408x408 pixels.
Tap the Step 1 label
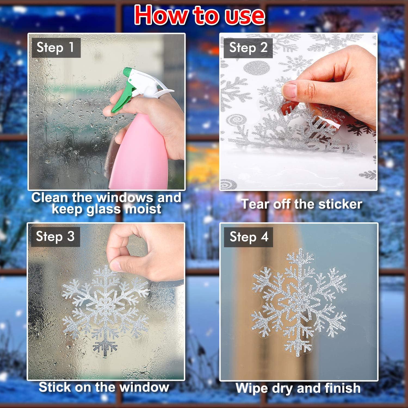point(56,48)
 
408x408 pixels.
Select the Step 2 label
point(248,48)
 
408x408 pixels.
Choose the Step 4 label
point(249,237)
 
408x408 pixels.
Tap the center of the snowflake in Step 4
point(298,302)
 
